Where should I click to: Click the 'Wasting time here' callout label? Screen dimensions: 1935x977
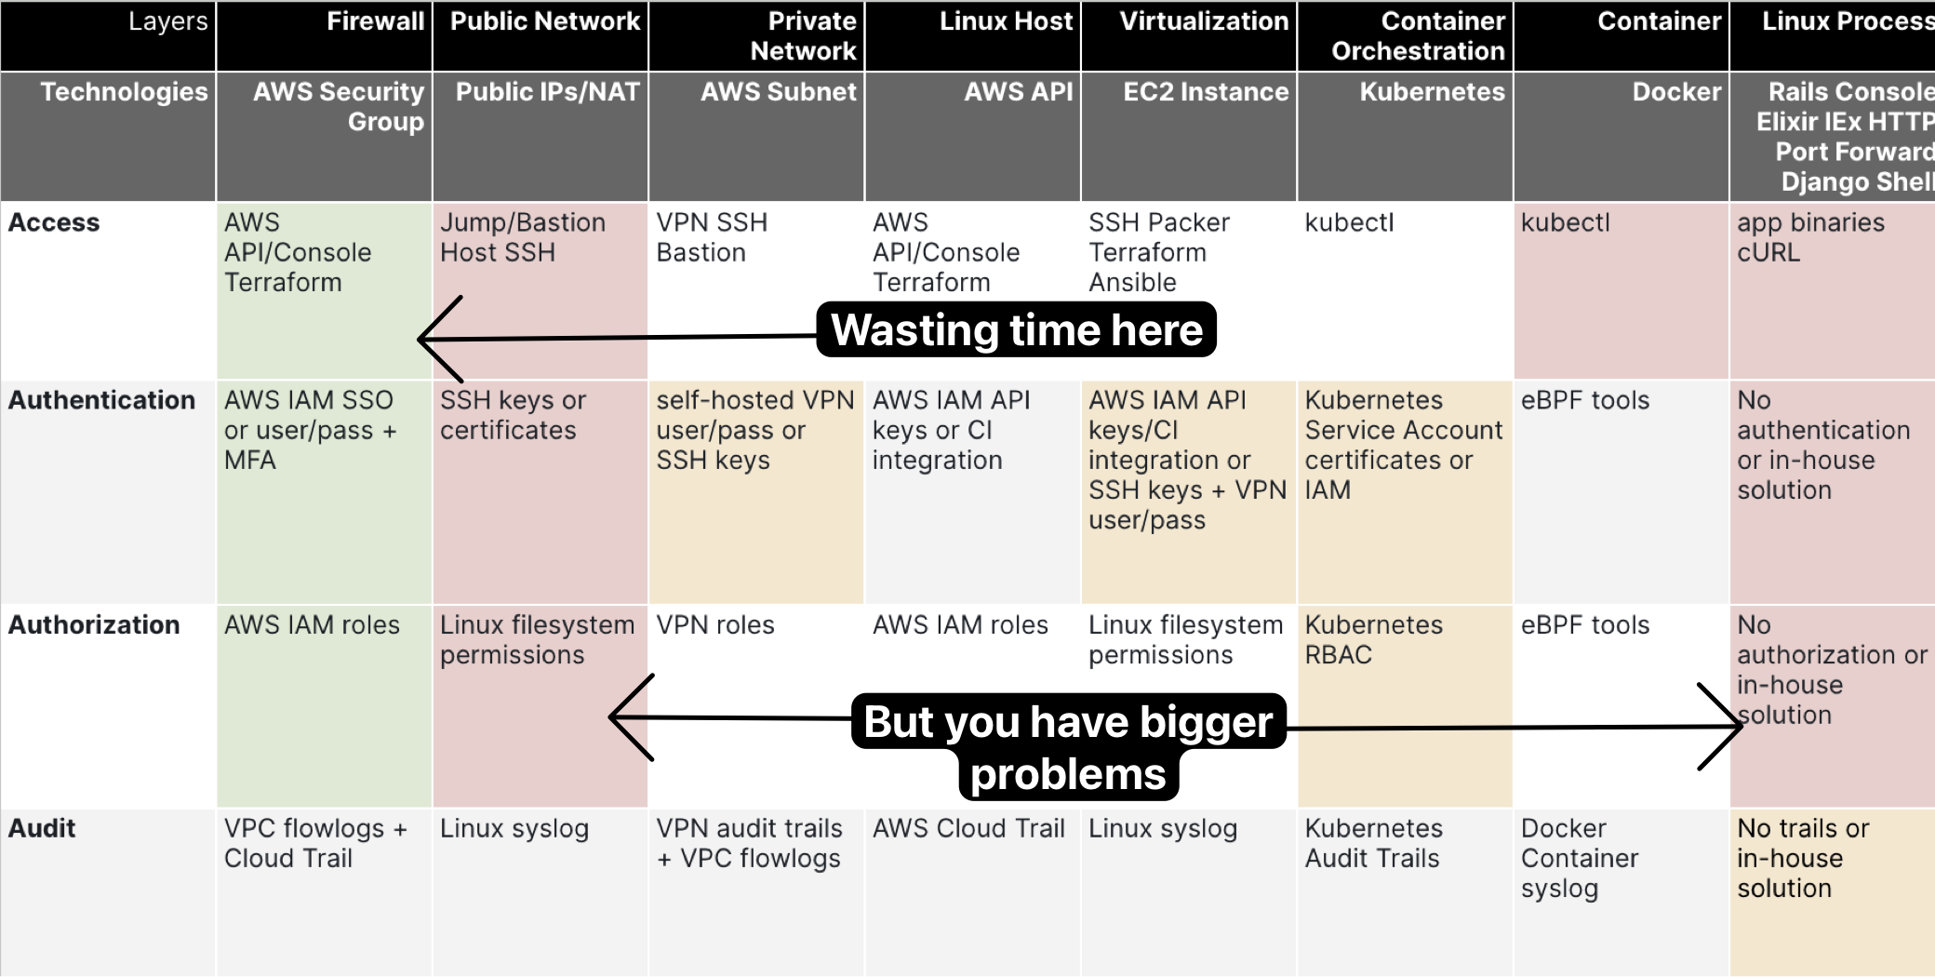1016,329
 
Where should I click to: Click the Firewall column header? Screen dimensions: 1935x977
324,35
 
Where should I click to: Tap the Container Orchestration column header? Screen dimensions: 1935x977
1405,35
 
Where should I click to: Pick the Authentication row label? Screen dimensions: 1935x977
101,400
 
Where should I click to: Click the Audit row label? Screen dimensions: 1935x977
42,828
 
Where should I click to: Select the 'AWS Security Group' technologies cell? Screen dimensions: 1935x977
324,137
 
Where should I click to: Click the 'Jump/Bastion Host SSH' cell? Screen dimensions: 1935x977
540,290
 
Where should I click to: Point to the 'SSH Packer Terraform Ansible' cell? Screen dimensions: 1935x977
1188,290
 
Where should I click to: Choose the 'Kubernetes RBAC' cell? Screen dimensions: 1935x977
1405,705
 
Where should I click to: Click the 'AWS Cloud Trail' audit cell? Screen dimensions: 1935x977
972,892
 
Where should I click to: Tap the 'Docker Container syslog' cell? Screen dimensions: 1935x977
1621,892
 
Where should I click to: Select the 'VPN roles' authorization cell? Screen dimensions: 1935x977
755,705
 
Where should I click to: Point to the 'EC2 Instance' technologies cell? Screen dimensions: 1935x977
1188,137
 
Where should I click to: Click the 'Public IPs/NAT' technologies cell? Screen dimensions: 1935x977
540,137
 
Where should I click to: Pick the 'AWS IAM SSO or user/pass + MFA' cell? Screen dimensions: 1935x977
324,491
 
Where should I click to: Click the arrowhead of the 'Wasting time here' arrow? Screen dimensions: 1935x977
420,340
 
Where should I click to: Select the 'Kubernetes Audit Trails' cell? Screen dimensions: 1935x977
1405,892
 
